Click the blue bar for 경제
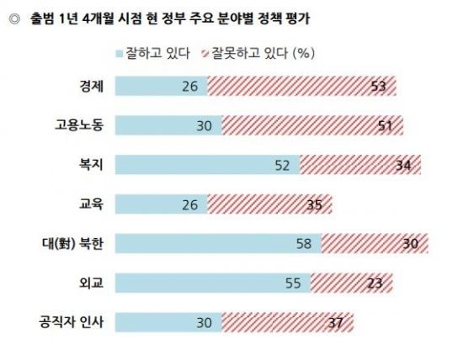(162, 86)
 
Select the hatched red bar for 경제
(301, 86)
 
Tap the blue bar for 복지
(208, 164)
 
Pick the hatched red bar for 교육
(270, 204)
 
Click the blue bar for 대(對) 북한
(218, 243)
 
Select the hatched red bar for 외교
(352, 283)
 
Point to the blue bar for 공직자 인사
(168, 322)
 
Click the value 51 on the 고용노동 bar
(386, 126)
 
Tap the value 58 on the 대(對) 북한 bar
(304, 244)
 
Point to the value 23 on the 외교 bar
(375, 283)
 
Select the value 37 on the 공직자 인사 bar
(336, 322)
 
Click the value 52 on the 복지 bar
(282, 165)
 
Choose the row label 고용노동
(79, 125)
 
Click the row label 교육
(91, 204)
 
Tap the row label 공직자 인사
(72, 322)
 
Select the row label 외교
(91, 283)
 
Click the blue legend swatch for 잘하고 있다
(120, 54)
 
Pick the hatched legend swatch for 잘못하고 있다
(205, 54)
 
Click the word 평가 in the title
(298, 19)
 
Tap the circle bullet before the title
(14, 19)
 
